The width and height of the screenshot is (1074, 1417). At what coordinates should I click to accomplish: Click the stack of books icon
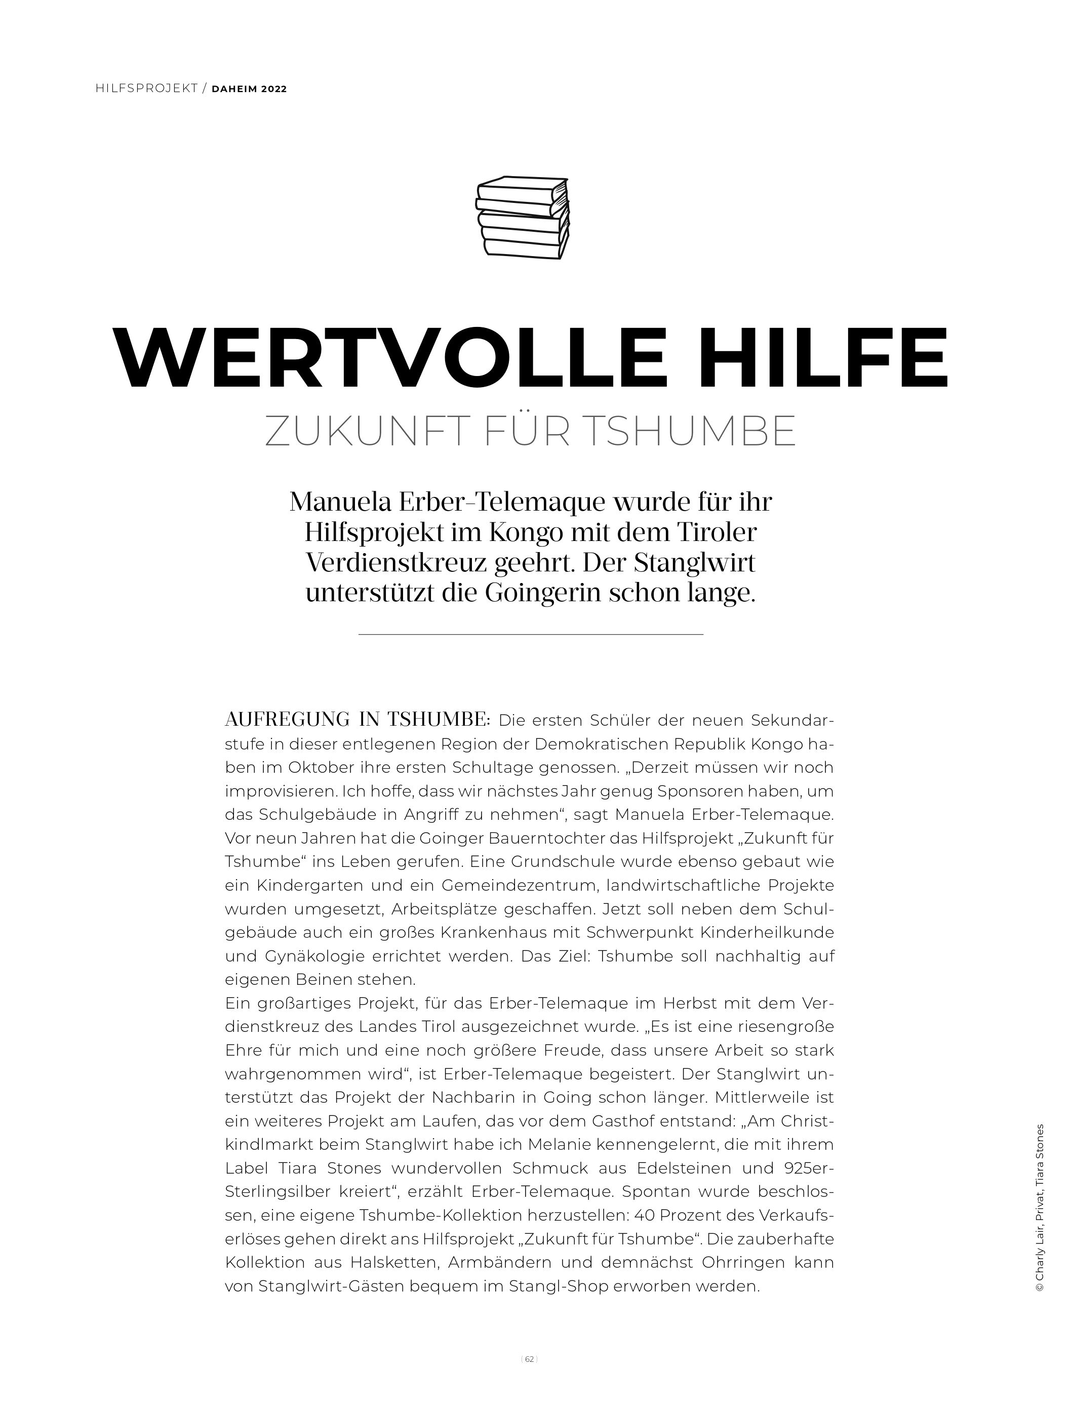coord(522,218)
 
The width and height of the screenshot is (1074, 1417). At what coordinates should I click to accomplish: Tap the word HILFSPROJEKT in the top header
coord(146,89)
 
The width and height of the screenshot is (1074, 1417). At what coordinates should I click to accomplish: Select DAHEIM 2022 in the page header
coord(249,89)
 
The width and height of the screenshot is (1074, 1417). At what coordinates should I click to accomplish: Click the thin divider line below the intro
coord(531,634)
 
